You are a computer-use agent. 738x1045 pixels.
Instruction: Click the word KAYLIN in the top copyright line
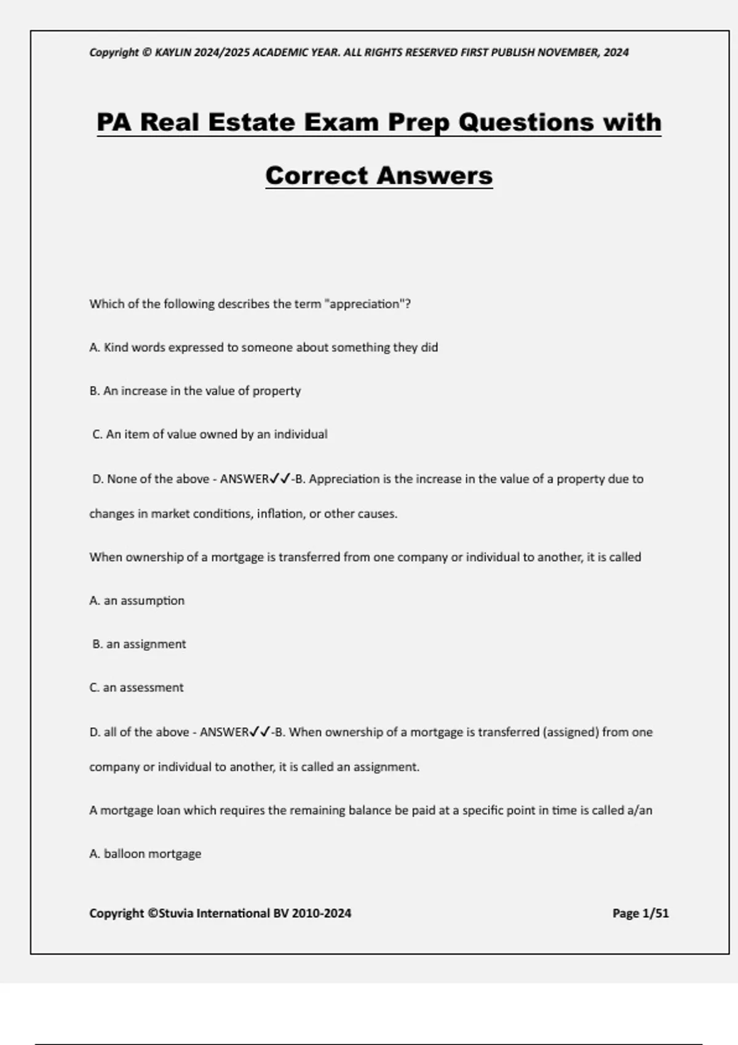173,52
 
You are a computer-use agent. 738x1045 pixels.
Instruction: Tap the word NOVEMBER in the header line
568,52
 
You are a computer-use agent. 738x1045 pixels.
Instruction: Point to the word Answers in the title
435,175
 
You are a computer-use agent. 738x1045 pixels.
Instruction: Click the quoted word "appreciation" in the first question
365,304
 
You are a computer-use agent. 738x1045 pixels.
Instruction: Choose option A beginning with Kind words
264,347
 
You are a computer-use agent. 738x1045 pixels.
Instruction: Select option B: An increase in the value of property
195,391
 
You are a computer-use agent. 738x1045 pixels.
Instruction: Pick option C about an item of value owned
210,435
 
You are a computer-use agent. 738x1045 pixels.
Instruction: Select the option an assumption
137,601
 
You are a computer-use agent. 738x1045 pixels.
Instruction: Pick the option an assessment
137,688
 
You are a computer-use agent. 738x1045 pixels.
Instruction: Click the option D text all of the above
139,732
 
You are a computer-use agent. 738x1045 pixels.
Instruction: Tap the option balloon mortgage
145,854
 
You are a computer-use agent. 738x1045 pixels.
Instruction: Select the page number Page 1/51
640,913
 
